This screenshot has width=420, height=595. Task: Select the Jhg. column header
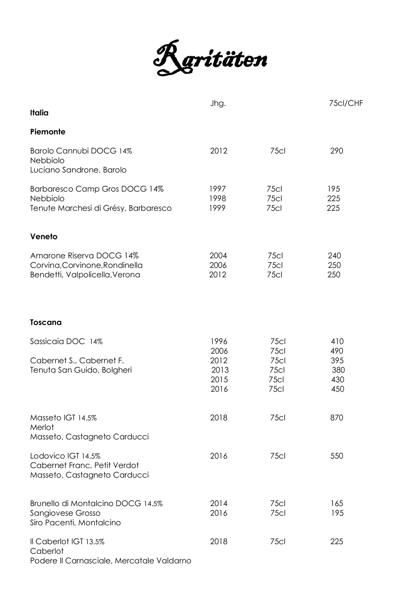click(218, 104)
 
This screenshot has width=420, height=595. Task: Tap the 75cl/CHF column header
click(346, 104)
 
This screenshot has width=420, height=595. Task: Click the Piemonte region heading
click(48, 132)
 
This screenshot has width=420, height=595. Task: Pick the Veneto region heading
click(44, 237)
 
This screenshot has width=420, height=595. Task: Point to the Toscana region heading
click(46, 322)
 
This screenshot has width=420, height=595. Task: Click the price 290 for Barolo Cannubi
click(336, 151)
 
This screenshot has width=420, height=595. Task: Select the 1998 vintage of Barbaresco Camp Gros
click(218, 199)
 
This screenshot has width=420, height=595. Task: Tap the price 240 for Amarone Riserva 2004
click(334, 256)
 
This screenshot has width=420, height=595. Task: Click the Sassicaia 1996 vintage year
click(219, 341)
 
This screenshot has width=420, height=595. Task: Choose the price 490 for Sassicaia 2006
click(336, 351)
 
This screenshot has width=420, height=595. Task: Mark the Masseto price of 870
click(336, 418)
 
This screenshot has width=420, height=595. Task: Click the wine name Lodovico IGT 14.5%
click(65, 456)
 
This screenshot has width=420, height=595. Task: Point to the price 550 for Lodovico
click(336, 456)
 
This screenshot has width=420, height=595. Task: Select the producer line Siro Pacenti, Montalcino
click(75, 523)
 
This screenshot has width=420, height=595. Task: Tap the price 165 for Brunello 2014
click(336, 503)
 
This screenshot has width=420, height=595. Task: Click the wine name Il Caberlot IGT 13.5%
click(67, 542)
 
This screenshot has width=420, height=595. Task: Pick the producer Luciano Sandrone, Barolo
click(78, 170)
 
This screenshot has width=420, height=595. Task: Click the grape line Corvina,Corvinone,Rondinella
click(86, 265)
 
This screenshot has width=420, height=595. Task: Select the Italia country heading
click(39, 113)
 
